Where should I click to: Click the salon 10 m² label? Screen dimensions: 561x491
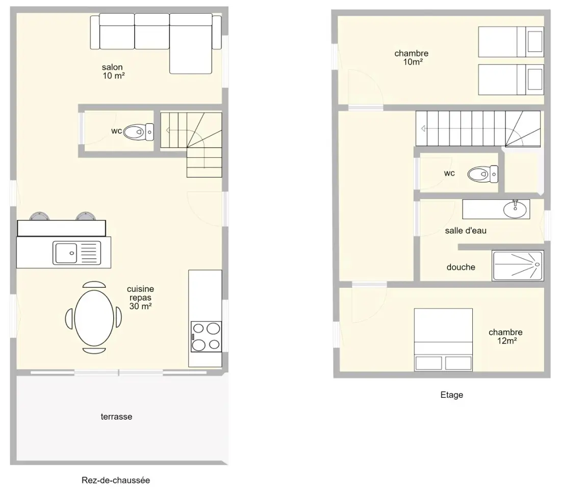tap(113, 71)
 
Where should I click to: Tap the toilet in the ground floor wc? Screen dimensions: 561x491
tap(138, 132)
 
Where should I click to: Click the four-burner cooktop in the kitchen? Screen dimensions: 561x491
tap(206, 337)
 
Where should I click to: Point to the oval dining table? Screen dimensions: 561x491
tap(94, 318)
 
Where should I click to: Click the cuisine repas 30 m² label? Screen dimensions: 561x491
tap(140, 297)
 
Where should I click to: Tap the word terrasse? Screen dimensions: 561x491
tap(116, 417)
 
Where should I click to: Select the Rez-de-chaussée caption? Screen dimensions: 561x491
tap(116, 480)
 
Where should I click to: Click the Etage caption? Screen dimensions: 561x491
tap(451, 395)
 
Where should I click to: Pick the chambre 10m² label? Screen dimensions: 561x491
tap(412, 58)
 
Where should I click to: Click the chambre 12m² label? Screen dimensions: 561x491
tap(505, 337)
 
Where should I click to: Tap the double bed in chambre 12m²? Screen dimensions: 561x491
tap(443, 340)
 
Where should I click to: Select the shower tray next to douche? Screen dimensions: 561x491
tap(518, 265)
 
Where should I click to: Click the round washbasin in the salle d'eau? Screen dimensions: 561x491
tap(515, 209)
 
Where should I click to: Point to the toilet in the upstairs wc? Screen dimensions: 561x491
tap(482, 174)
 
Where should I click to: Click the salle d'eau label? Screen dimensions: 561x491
tap(466, 231)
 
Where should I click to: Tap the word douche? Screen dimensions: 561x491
tap(461, 267)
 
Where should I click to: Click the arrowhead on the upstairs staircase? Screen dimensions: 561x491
tap(423, 129)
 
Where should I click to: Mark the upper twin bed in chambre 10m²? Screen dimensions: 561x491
tap(511, 41)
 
